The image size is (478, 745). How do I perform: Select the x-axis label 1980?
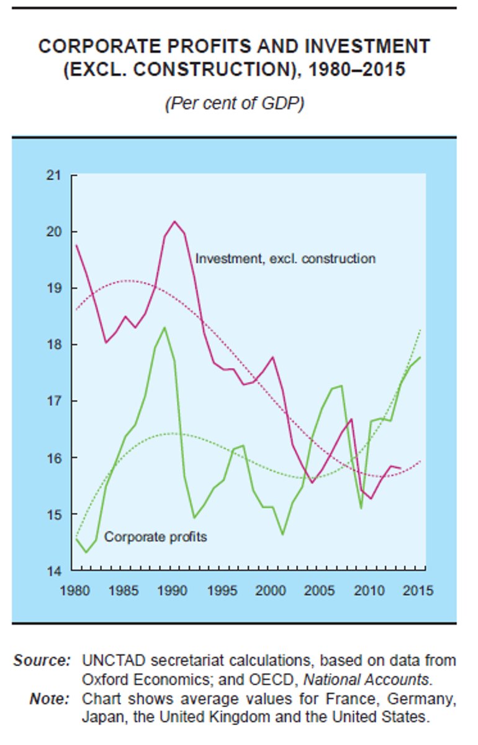pyautogui.click(x=73, y=590)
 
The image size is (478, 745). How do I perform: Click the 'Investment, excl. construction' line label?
pyautogui.click(x=285, y=258)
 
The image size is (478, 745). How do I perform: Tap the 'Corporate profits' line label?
pyautogui.click(x=155, y=536)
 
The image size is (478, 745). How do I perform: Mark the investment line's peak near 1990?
pyautogui.click(x=174, y=222)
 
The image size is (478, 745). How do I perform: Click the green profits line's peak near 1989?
pyautogui.click(x=165, y=327)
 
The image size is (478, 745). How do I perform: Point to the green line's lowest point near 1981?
pyautogui.click(x=86, y=552)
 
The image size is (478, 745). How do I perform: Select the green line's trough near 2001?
pyautogui.click(x=282, y=534)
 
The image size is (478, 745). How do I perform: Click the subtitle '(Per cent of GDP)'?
pyautogui.click(x=234, y=103)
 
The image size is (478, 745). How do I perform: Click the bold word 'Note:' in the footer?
pyautogui.click(x=50, y=700)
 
